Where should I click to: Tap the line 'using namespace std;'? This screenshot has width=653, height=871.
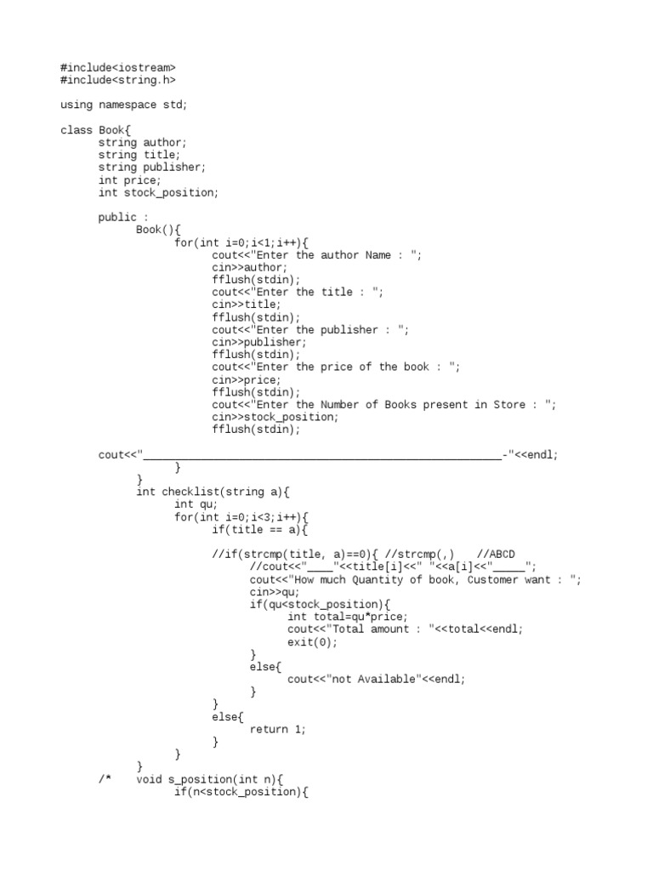click(x=123, y=105)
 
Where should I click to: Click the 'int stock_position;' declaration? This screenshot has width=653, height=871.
click(x=158, y=192)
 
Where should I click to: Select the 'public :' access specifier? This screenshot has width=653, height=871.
click(x=117, y=218)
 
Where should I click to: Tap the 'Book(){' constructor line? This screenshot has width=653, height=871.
click(x=158, y=230)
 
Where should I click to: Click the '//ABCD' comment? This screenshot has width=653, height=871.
click(x=496, y=555)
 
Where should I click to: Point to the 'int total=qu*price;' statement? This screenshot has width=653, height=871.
click(x=348, y=617)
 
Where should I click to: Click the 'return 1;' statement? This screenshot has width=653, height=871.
click(x=278, y=730)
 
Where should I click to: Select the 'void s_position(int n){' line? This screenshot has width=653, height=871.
click(x=209, y=779)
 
